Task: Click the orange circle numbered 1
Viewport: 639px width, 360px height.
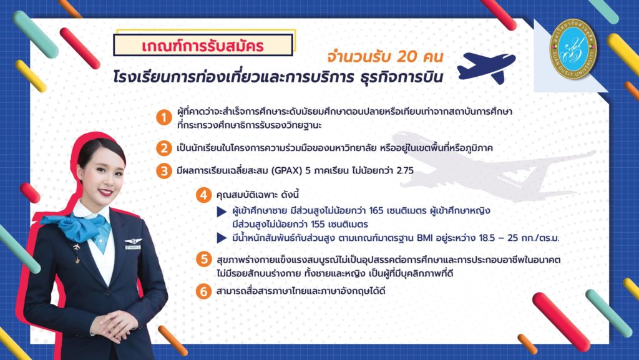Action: tap(164, 118)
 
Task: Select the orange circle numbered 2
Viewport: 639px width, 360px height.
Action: tap(164, 148)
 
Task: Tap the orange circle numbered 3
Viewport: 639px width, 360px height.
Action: tap(164, 170)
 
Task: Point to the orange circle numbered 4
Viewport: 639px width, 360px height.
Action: tap(203, 195)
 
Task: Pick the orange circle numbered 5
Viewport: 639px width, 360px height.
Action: tap(203, 259)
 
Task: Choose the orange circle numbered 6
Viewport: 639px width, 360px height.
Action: tap(203, 291)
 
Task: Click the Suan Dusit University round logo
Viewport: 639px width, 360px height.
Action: tap(573, 49)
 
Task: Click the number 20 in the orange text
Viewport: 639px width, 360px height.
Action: tap(406, 57)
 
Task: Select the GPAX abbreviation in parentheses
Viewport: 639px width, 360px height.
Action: tap(286, 170)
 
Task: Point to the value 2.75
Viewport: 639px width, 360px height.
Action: tap(405, 170)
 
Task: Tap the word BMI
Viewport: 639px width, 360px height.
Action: tap(425, 238)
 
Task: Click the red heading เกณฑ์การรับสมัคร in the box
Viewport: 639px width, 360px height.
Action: tap(203, 46)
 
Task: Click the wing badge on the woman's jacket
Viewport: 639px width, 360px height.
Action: tap(133, 241)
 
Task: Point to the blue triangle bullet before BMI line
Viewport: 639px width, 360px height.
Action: tap(222, 238)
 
